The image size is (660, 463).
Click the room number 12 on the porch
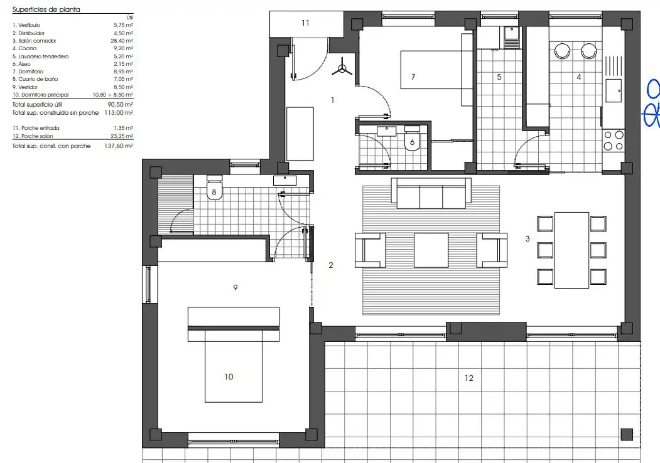point(469,378)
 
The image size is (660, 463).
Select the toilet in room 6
point(412,138)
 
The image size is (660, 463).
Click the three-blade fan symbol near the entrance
point(342,67)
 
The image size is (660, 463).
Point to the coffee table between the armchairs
point(431,250)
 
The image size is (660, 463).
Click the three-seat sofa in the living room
point(431,193)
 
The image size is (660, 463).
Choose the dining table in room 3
point(571,250)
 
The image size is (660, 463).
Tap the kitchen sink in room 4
point(614,90)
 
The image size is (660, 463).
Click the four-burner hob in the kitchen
point(614,141)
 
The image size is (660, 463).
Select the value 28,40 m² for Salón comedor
point(122,41)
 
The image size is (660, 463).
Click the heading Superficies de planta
point(46,9)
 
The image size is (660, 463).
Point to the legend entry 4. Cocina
point(24,48)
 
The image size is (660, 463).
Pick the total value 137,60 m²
point(118,146)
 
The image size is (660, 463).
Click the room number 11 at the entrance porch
point(306,23)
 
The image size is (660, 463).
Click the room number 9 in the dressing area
point(235,287)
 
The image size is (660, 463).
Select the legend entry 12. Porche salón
point(33,136)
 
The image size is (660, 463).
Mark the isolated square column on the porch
point(627,434)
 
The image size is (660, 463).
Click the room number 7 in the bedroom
point(413,77)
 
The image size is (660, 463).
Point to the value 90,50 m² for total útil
point(121,105)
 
